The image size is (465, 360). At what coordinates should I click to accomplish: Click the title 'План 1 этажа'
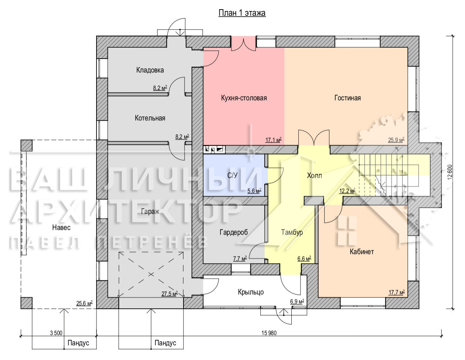coord(242,13)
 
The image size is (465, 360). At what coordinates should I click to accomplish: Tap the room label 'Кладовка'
coord(150,70)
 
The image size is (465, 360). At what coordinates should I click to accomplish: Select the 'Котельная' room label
coord(150,118)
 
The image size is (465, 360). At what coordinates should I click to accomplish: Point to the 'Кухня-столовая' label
coord(244,98)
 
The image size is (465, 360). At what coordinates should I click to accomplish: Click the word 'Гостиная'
coord(348,98)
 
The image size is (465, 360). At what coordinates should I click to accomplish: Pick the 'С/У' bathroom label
coord(232,175)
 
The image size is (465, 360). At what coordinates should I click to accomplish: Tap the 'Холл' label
coord(314,176)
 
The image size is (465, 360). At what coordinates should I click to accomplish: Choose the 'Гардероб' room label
coord(234,232)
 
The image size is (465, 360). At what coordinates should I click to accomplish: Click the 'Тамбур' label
coord(292,232)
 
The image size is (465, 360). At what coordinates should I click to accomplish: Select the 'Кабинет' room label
coord(362,251)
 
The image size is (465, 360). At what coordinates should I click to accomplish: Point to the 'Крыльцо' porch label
coord(251,292)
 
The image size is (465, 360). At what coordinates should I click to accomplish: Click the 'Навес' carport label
coord(61,228)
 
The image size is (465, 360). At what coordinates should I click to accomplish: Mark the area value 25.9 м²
coord(396,140)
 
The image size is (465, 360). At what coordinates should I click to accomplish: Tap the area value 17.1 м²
coord(273,140)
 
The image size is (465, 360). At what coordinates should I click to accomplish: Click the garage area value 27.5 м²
coord(170,294)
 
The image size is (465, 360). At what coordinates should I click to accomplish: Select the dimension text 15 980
coord(269,333)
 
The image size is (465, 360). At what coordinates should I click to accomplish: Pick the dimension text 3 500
coord(56,333)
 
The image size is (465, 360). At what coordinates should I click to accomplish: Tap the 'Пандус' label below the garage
coord(165,343)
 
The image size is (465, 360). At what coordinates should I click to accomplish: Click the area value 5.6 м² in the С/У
coord(254,191)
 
